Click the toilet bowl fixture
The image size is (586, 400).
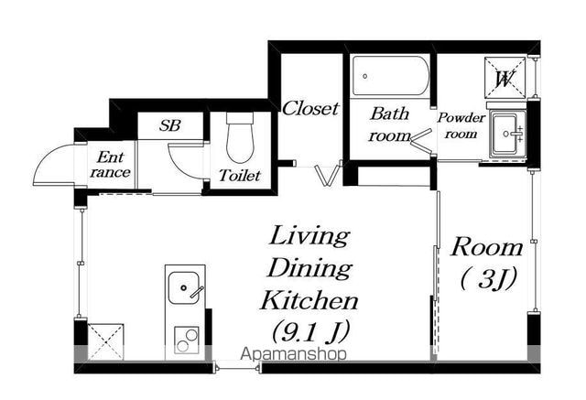pos(240,137)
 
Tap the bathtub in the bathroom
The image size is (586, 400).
pos(391,76)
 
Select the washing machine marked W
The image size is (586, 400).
pos(505,78)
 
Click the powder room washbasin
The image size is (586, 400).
pos(508,134)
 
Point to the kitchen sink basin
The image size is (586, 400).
pos(183,287)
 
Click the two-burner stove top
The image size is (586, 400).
pos(187,340)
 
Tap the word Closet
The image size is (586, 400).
pos(310,109)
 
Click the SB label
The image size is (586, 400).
pos(170,125)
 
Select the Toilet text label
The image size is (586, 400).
pos(240,175)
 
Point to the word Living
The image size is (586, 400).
pos(309,237)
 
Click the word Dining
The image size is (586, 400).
pos(309,268)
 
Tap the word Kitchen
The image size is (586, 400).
pos(309,300)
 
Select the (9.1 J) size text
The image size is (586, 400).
pos(309,331)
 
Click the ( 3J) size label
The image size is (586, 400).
pos(488,278)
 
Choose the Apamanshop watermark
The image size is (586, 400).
pos(293,353)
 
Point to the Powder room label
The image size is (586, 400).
pos(461,125)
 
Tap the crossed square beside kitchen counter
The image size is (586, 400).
pos(105,342)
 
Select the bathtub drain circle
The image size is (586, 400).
pos(365,76)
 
